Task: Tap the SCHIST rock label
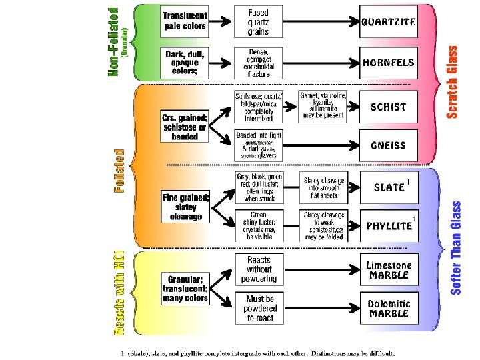388,107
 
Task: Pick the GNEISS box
388,145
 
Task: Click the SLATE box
390,187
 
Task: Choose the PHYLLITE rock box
390,225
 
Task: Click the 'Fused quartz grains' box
258,21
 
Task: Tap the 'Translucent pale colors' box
185,21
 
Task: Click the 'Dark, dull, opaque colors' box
185,62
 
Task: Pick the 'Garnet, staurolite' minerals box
323,107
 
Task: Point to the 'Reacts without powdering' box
258,270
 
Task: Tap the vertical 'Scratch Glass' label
453,81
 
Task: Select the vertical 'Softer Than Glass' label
456,248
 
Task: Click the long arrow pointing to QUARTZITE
320,21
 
